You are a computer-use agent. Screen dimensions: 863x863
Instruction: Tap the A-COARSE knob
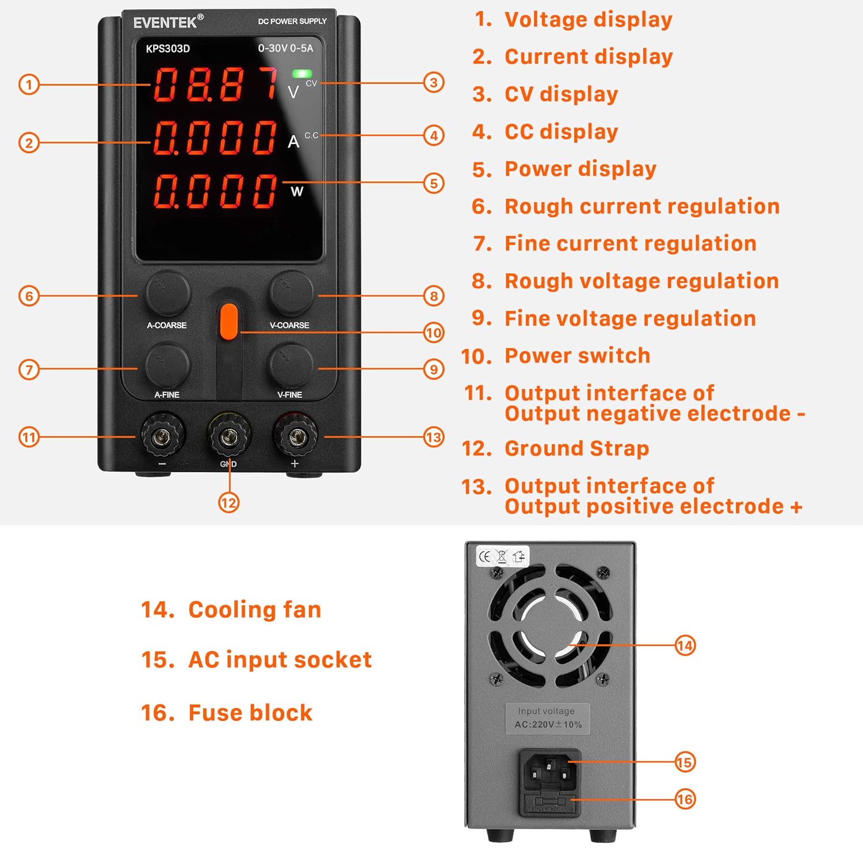tap(167, 293)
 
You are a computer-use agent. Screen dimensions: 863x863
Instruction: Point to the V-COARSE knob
tap(292, 293)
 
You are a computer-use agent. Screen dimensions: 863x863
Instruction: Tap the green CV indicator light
tap(302, 74)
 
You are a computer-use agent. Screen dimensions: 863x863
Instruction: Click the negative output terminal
tap(163, 438)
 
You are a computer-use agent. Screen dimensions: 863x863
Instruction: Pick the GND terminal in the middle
tap(228, 438)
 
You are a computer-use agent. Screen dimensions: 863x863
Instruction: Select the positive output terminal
tap(295, 438)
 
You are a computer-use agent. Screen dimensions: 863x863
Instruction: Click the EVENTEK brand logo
tap(166, 22)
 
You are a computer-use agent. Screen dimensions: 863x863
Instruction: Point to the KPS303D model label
tap(167, 49)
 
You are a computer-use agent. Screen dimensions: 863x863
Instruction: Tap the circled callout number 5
tap(434, 184)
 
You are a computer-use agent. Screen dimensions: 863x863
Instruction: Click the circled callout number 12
tap(228, 503)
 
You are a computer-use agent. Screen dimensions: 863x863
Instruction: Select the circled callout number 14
tap(685, 646)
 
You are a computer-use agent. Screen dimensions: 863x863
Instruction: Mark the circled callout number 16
tap(685, 799)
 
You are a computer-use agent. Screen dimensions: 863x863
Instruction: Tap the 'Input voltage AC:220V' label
tap(547, 718)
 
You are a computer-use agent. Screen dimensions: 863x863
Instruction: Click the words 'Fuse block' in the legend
tap(250, 713)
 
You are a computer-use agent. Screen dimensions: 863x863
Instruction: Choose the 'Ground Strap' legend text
tap(576, 448)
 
